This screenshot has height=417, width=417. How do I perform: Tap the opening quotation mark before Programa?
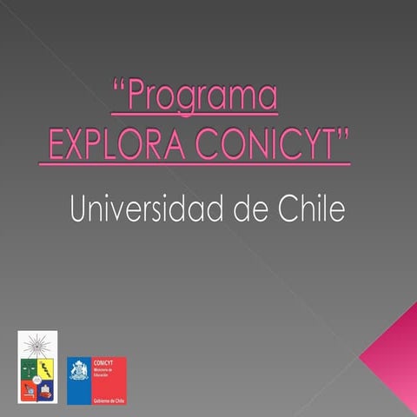[119, 89]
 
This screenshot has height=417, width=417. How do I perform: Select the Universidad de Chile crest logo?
[37, 367]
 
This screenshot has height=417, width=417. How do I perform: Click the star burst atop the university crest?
[37, 342]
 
